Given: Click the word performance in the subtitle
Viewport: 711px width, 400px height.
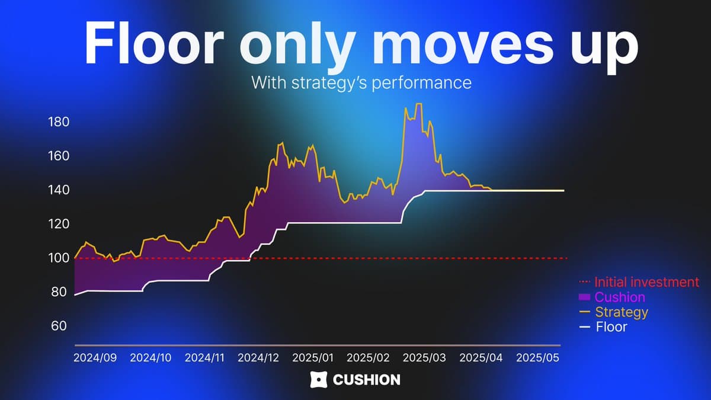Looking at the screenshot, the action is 421,83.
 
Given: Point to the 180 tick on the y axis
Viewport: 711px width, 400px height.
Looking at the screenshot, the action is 59,122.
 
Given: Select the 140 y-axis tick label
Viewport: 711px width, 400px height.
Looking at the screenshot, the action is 59,190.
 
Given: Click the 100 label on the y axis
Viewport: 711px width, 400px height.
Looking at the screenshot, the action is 59,258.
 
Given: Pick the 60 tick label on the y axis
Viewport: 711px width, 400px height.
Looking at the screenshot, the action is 59,326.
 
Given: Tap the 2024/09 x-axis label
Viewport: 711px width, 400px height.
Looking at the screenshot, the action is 95,358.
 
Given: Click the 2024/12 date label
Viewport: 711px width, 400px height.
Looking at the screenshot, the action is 258,358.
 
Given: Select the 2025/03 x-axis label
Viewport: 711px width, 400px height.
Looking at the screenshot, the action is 424,358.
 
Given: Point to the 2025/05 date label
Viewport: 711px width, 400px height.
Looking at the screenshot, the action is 538,358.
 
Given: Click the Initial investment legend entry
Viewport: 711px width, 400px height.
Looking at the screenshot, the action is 639,282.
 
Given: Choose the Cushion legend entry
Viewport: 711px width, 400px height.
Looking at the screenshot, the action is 612,297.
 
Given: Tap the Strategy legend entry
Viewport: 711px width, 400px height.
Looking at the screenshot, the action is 614,312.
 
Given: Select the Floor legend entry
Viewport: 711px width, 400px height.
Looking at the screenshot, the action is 603,327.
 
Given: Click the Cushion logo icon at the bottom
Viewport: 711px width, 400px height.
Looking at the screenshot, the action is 318,380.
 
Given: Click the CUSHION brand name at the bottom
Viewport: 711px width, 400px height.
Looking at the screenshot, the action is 367,380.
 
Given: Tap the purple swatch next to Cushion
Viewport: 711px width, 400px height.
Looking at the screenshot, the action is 584,297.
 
